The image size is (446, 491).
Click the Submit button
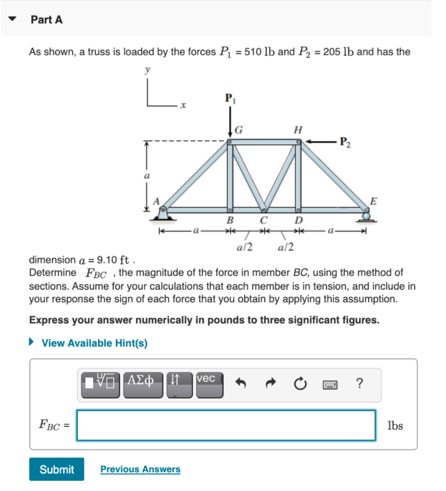tap(57, 469)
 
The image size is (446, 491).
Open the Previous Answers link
tap(140, 469)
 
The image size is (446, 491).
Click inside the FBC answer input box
tap(226, 425)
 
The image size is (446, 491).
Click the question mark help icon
tap(360, 384)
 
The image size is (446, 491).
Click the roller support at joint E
tap(367, 216)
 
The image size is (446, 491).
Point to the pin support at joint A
tap(163, 214)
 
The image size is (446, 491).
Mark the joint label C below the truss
tap(263, 221)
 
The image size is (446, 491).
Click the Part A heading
tap(47, 20)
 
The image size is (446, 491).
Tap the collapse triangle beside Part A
tap(14, 20)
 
